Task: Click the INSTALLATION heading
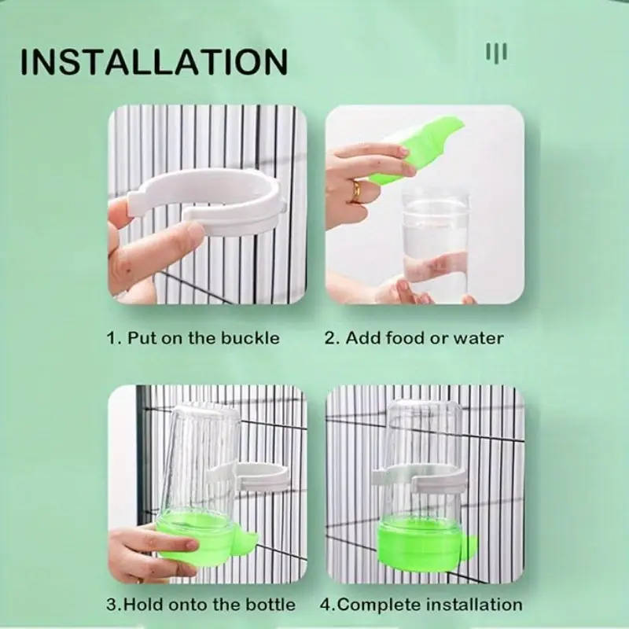(154, 61)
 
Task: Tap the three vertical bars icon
(497, 52)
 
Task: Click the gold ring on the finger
(356, 192)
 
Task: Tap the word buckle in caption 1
(250, 338)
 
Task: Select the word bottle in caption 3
(270, 604)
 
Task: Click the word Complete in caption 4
(379, 605)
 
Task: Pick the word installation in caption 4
(474, 604)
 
